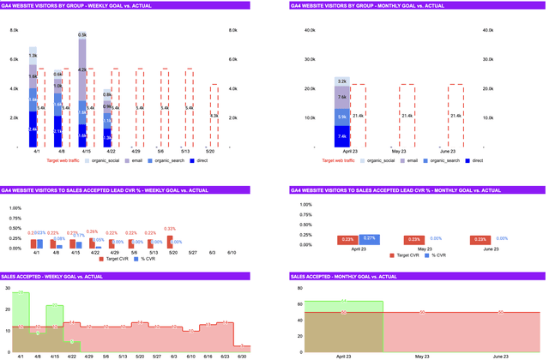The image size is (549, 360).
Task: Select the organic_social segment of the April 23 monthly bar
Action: click(341, 81)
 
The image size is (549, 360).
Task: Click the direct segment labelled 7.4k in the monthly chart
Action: click(341, 136)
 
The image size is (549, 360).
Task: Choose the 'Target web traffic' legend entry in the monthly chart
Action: click(342, 160)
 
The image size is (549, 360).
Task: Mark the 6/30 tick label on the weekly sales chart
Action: click(242, 355)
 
